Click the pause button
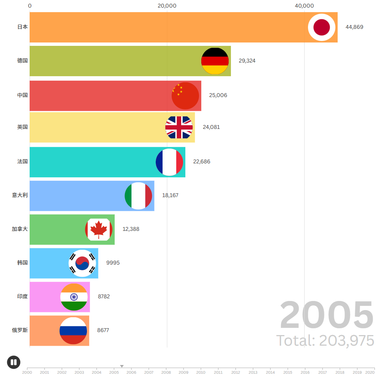coord(14,362)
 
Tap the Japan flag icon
coord(322,27)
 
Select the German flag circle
coord(215,61)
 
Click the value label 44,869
coord(354,27)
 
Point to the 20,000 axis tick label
coord(167,6)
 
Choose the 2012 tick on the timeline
coord(235,372)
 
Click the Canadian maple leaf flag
coord(99,230)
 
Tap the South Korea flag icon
coord(82,263)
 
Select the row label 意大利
coord(20,195)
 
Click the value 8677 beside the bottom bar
coord(103,330)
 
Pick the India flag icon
coord(74,297)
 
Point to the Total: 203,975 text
coord(325,341)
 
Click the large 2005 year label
coord(327,315)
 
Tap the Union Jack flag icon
coord(179,127)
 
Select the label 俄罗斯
coord(20,330)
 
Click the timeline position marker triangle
coord(122,366)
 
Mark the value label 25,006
coord(218,95)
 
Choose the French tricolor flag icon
coord(169,162)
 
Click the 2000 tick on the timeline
coord(27,372)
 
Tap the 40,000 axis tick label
coord(304,6)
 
